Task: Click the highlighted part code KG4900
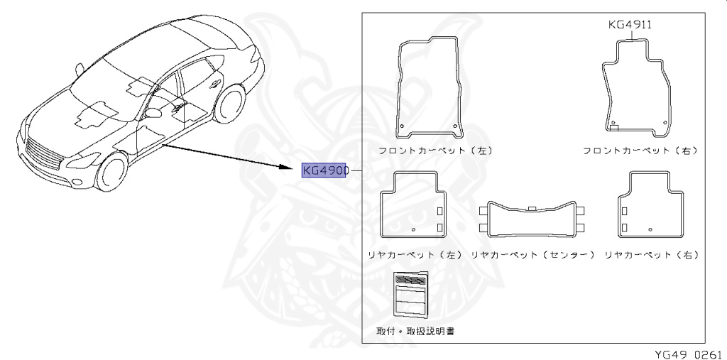(x=324, y=171)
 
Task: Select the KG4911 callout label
(x=630, y=24)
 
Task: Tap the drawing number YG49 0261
(x=688, y=353)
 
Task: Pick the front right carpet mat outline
(x=636, y=89)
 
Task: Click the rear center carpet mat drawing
(x=532, y=220)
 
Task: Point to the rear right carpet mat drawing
(x=650, y=204)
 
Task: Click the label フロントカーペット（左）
(x=434, y=151)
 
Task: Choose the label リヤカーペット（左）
(x=415, y=254)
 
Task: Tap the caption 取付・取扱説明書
(x=416, y=331)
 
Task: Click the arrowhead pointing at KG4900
(x=291, y=168)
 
